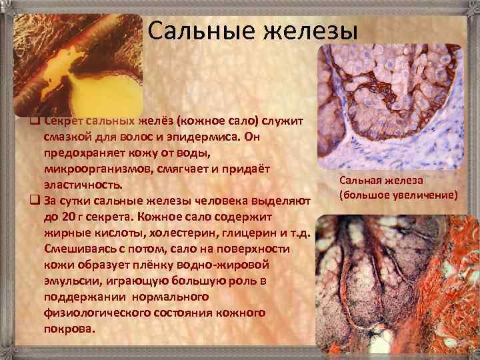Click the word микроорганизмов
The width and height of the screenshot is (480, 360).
[90, 168]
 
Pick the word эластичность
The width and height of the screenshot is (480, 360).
[83, 184]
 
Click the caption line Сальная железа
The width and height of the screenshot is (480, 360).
[376, 181]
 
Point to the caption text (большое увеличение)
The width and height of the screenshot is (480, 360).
[398, 195]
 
